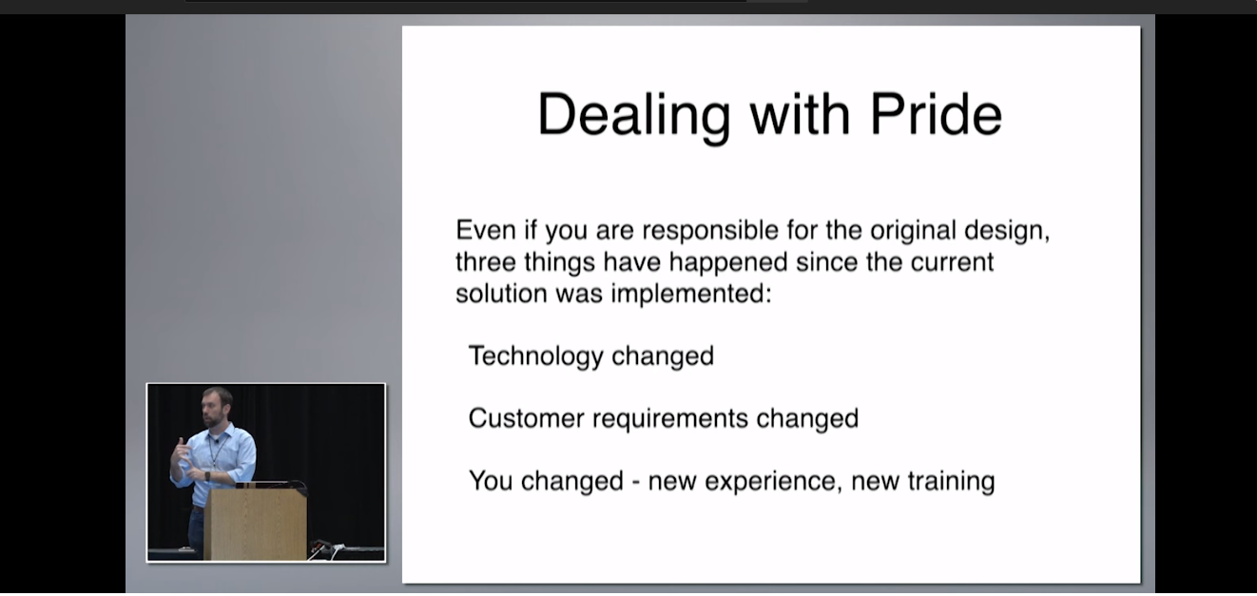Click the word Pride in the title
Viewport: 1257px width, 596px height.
click(936, 114)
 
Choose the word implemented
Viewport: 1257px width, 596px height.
click(691, 294)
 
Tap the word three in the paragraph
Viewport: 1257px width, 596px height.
click(486, 262)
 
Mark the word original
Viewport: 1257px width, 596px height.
click(913, 231)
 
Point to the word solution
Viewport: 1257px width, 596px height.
click(501, 294)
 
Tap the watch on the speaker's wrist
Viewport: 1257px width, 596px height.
click(207, 476)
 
